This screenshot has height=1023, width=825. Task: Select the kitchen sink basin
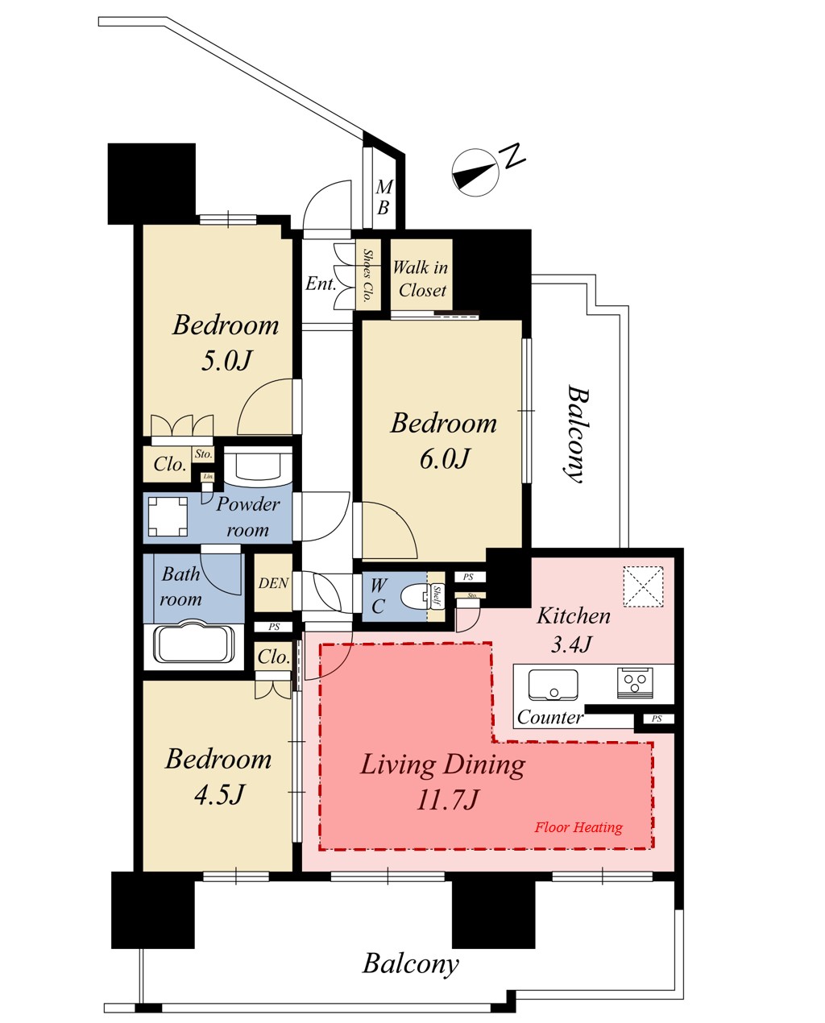[x=553, y=685]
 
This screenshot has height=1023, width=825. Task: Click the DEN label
[x=273, y=583]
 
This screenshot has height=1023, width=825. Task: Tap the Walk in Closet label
[x=421, y=279]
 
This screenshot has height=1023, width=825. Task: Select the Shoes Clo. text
[x=367, y=275]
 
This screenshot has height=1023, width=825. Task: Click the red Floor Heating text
[x=578, y=827]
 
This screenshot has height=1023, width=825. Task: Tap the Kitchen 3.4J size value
[x=571, y=644]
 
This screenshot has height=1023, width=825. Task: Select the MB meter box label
[x=383, y=197]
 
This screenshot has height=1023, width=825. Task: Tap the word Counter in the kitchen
[x=549, y=718]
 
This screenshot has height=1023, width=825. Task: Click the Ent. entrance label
[x=321, y=284]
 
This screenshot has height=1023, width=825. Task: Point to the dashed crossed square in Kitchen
[x=643, y=586]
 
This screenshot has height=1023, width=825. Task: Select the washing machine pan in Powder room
[x=168, y=516]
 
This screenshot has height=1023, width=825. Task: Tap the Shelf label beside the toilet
[x=437, y=595]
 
